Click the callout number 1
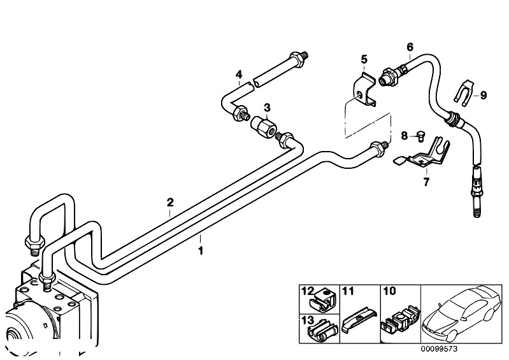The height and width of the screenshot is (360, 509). (201, 250)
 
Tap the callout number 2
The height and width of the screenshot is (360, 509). (170, 203)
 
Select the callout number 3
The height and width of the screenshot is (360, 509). (268, 106)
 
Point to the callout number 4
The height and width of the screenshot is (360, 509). (239, 75)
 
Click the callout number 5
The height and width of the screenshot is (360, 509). (364, 59)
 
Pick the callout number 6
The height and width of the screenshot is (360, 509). (410, 47)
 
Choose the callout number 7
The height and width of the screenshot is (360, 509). (426, 182)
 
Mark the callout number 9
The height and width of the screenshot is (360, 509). (484, 96)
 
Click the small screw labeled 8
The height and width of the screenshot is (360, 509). (420, 134)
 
